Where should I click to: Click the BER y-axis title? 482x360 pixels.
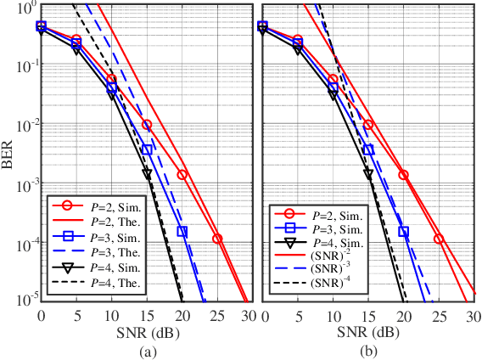(x=8, y=152)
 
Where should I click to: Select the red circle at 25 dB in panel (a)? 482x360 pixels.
(x=217, y=239)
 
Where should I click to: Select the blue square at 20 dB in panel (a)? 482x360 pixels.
(x=182, y=231)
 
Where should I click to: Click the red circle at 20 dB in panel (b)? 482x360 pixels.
(x=403, y=175)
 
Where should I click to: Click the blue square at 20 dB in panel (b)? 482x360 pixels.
(x=403, y=231)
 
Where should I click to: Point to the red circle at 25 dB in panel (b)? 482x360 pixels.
(x=439, y=239)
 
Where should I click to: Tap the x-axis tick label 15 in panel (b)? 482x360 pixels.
(x=368, y=315)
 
